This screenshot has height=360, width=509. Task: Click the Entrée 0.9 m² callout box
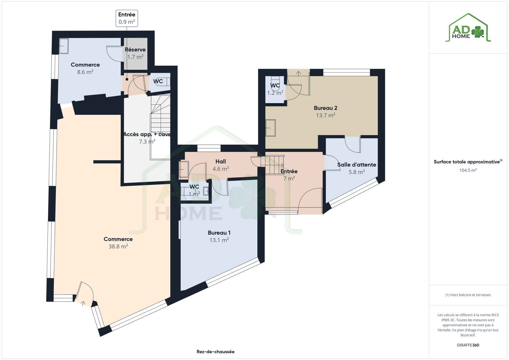(127, 18)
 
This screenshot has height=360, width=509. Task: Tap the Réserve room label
(135, 49)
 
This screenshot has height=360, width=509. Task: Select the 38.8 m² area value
(118, 246)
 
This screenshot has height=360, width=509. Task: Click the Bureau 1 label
(219, 232)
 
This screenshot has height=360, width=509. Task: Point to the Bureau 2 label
(325, 108)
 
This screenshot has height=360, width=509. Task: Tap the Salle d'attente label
(357, 165)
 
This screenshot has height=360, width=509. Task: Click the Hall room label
(221, 161)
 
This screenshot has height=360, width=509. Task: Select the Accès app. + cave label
(147, 134)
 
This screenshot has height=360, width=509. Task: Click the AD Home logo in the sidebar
(468, 28)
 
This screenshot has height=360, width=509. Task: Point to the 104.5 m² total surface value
(468, 170)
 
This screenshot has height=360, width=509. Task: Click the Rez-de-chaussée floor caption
(215, 352)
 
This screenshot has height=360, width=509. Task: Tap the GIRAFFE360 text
(468, 345)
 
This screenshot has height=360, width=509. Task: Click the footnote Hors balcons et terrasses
(468, 295)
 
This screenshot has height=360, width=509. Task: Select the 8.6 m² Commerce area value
(85, 72)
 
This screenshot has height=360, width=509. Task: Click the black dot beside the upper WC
(127, 79)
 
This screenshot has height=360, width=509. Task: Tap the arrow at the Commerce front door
(83, 303)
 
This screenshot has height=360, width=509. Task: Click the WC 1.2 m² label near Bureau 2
(275, 89)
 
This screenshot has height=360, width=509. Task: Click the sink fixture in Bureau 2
(270, 128)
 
